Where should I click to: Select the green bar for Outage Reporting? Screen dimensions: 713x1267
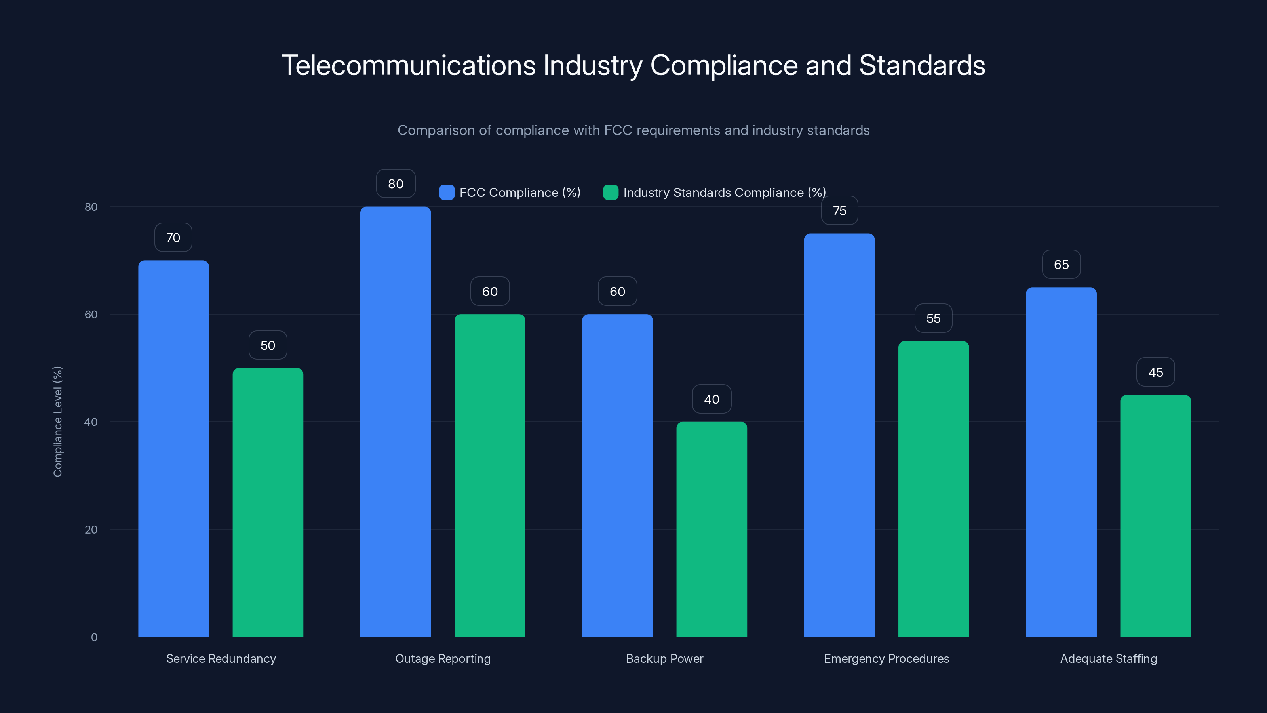pyautogui.click(x=489, y=475)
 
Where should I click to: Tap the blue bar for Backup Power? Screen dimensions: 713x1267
pyautogui.click(x=617, y=475)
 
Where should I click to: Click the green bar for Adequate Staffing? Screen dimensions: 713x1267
pyautogui.click(x=1155, y=515)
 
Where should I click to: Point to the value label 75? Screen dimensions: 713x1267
pyautogui.click(x=839, y=211)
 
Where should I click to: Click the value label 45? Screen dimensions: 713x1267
pyautogui.click(x=1155, y=372)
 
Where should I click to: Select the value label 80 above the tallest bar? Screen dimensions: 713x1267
pyautogui.click(x=396, y=183)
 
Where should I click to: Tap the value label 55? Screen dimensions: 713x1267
pyautogui.click(x=933, y=318)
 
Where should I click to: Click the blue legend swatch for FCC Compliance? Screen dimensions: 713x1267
pyautogui.click(x=447, y=193)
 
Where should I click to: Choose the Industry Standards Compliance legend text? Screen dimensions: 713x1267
pyautogui.click(x=724, y=193)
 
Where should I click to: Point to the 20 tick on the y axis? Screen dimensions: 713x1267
pyautogui.click(x=91, y=530)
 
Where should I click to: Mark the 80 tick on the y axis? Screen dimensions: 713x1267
pyautogui.click(x=91, y=207)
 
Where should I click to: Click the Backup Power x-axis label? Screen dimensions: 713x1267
pyautogui.click(x=664, y=658)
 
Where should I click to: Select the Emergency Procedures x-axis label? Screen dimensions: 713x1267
pyautogui.click(x=887, y=658)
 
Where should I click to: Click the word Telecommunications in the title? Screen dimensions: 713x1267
pyautogui.click(x=408, y=65)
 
